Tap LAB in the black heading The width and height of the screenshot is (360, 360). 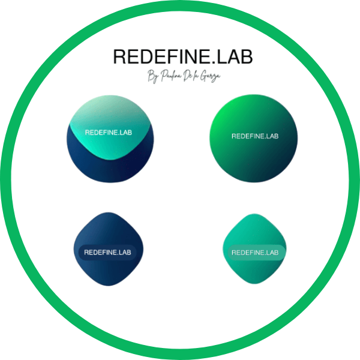tap(233, 56)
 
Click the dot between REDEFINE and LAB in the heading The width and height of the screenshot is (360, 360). tap(212, 62)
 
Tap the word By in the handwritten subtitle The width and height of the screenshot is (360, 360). tap(152, 77)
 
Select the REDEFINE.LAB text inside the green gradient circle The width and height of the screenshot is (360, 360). tap(255, 136)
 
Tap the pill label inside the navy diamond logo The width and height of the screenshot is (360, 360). tap(107, 253)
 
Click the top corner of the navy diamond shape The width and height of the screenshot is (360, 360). tap(108, 214)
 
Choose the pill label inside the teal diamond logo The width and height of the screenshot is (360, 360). tap(255, 253)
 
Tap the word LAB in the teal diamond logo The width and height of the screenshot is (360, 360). tap(271, 253)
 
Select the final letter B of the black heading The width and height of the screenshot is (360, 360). tap(247, 56)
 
